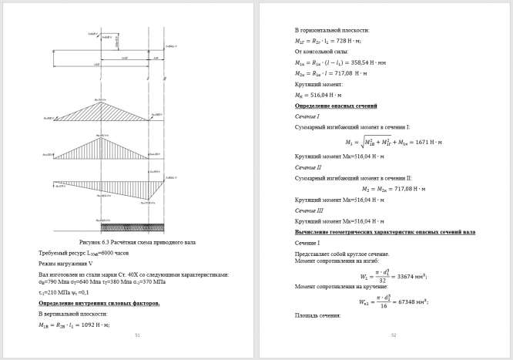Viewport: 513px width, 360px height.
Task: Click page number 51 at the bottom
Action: [137, 335]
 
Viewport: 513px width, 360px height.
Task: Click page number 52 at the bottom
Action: [393, 335]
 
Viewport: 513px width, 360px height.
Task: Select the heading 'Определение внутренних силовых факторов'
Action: [99, 304]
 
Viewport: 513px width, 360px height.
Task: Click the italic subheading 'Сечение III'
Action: [309, 210]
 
